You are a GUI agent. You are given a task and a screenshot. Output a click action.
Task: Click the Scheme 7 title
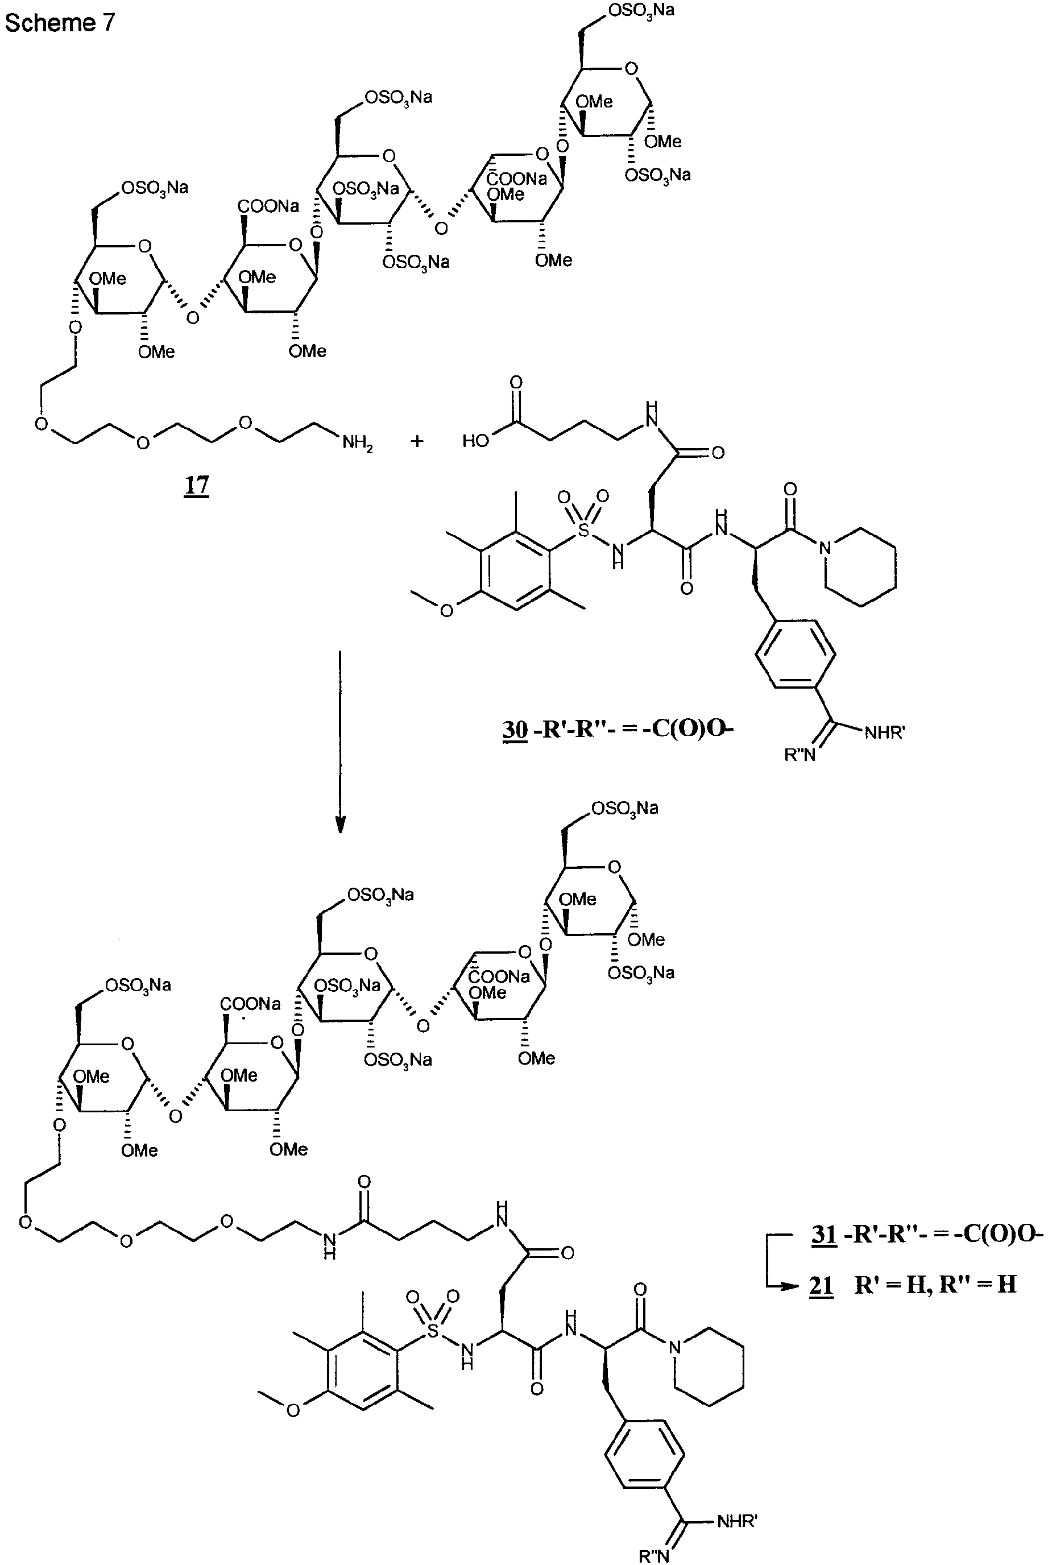point(60,23)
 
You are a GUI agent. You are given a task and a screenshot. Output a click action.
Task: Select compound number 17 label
point(197,485)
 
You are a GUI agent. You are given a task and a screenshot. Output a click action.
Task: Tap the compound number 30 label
point(515,729)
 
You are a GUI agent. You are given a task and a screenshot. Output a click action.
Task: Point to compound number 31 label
point(824,1233)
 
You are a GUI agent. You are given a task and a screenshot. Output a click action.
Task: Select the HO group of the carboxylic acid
point(476,441)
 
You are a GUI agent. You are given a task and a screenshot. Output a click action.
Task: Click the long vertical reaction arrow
point(340,742)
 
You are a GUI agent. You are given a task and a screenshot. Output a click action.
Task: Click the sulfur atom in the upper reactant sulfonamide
point(584,531)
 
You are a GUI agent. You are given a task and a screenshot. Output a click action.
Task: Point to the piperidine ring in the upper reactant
point(861,568)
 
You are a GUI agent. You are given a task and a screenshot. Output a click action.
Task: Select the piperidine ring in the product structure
point(710,1367)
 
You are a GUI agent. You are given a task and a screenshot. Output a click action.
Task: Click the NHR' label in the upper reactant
point(884,733)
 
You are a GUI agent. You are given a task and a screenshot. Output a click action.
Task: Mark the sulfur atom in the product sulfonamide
point(433,1331)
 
